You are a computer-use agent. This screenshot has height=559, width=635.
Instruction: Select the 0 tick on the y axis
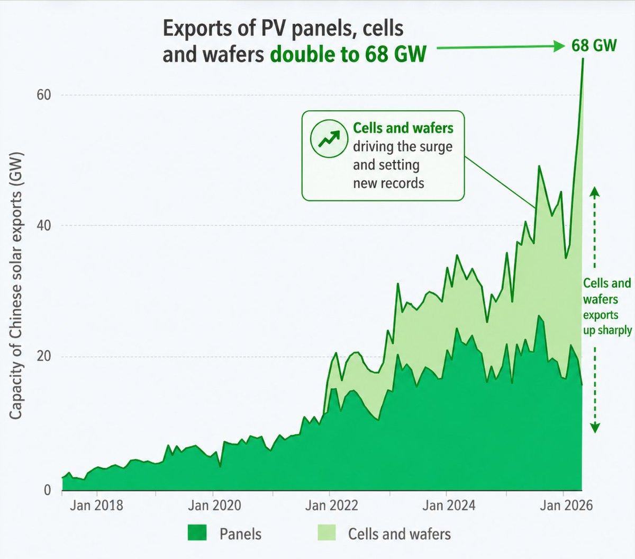[48, 490]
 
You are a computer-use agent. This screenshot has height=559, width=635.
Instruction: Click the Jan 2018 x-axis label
[96, 505]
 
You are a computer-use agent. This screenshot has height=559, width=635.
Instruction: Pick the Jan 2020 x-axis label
[214, 505]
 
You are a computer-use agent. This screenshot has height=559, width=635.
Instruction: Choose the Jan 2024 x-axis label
[448, 505]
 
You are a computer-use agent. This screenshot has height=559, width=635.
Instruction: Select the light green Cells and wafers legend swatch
[327, 533]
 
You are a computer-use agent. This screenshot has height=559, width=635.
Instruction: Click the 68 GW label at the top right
[593, 46]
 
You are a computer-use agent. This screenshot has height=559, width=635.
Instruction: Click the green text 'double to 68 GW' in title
[348, 55]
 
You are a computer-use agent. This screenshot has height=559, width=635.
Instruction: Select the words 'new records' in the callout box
[388, 183]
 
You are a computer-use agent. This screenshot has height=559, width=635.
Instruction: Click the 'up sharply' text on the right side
[607, 330]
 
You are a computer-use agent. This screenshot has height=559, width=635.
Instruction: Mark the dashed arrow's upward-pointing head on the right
[595, 192]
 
